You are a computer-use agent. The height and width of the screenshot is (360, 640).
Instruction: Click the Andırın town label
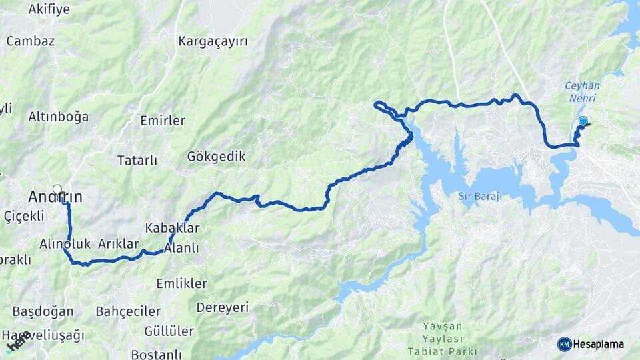(x=55, y=197)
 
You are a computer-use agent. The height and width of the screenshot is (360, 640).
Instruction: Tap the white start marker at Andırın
(x=57, y=189)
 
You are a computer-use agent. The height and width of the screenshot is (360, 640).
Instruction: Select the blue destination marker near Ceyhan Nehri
(x=583, y=121)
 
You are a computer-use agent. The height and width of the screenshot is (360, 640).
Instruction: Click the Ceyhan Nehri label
(x=582, y=91)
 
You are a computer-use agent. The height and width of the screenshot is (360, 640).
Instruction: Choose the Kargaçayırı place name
(x=213, y=41)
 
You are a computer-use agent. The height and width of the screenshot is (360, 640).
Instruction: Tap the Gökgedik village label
(x=216, y=157)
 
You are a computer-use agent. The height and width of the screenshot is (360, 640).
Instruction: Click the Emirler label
(x=163, y=121)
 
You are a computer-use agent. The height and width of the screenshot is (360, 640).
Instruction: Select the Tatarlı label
(x=137, y=160)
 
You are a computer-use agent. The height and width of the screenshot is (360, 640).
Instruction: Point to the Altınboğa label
(x=58, y=117)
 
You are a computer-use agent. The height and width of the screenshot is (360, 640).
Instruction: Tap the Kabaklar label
(x=172, y=228)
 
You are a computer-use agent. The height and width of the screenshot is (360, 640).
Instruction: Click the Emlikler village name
(x=181, y=283)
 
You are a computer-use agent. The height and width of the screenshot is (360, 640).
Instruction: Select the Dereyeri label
(x=222, y=307)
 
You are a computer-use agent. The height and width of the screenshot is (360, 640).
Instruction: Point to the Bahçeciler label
(x=128, y=311)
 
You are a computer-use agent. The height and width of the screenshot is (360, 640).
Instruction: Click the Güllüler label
(x=169, y=331)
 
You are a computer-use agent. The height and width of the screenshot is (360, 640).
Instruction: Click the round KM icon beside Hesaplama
(x=565, y=344)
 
